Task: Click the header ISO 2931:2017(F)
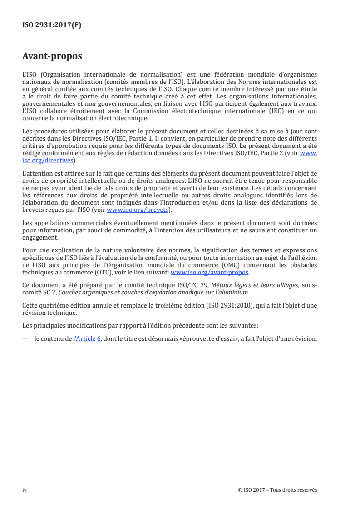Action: click(52, 26)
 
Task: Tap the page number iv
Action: click(25, 490)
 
